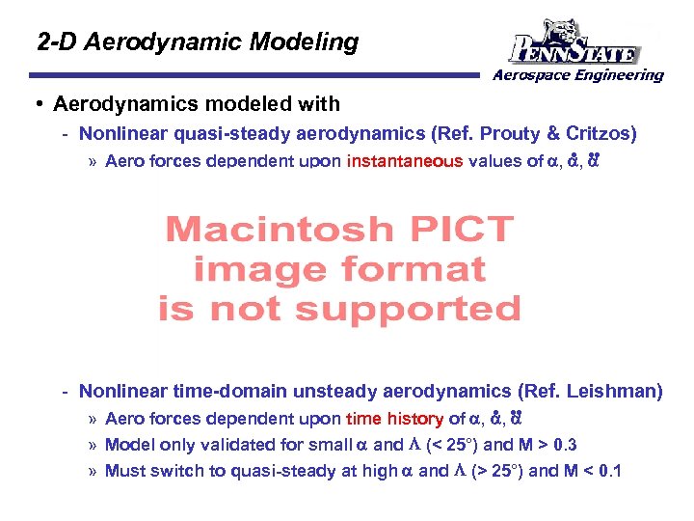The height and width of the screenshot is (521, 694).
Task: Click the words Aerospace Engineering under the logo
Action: coord(578,75)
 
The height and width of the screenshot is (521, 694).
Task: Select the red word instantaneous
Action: coord(405,161)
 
